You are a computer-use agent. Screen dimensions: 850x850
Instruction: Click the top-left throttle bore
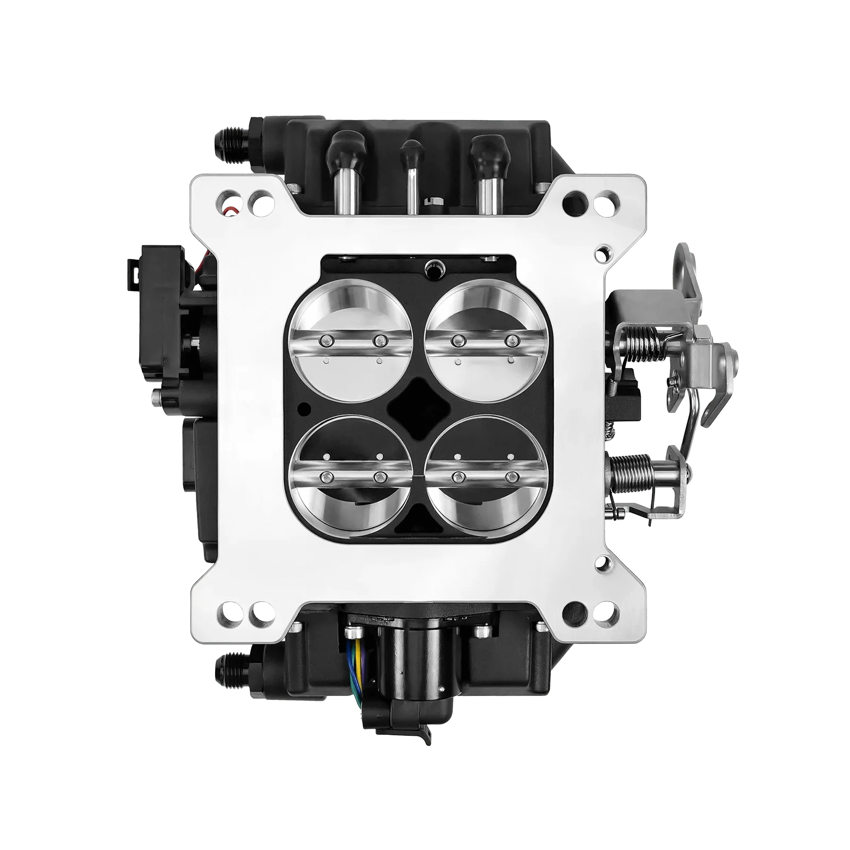point(350,340)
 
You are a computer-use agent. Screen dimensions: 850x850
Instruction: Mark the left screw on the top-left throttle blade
point(326,340)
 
